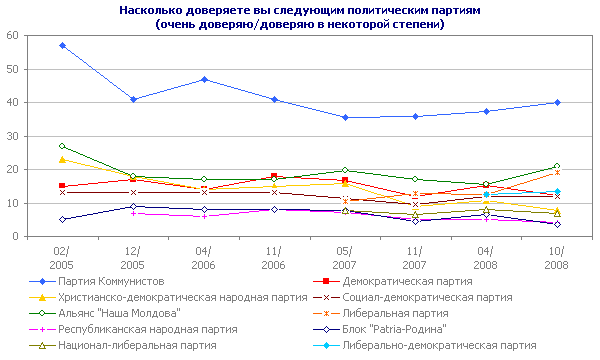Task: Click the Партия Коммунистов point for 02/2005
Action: pos(62,45)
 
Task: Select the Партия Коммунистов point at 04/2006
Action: pos(204,79)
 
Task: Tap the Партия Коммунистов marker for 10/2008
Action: pos(557,102)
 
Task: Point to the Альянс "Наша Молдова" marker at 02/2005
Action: pos(62,146)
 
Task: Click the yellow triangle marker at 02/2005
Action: pos(62,159)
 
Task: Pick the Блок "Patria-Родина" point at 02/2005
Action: pos(62,219)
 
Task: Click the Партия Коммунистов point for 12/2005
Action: pos(133,99)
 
